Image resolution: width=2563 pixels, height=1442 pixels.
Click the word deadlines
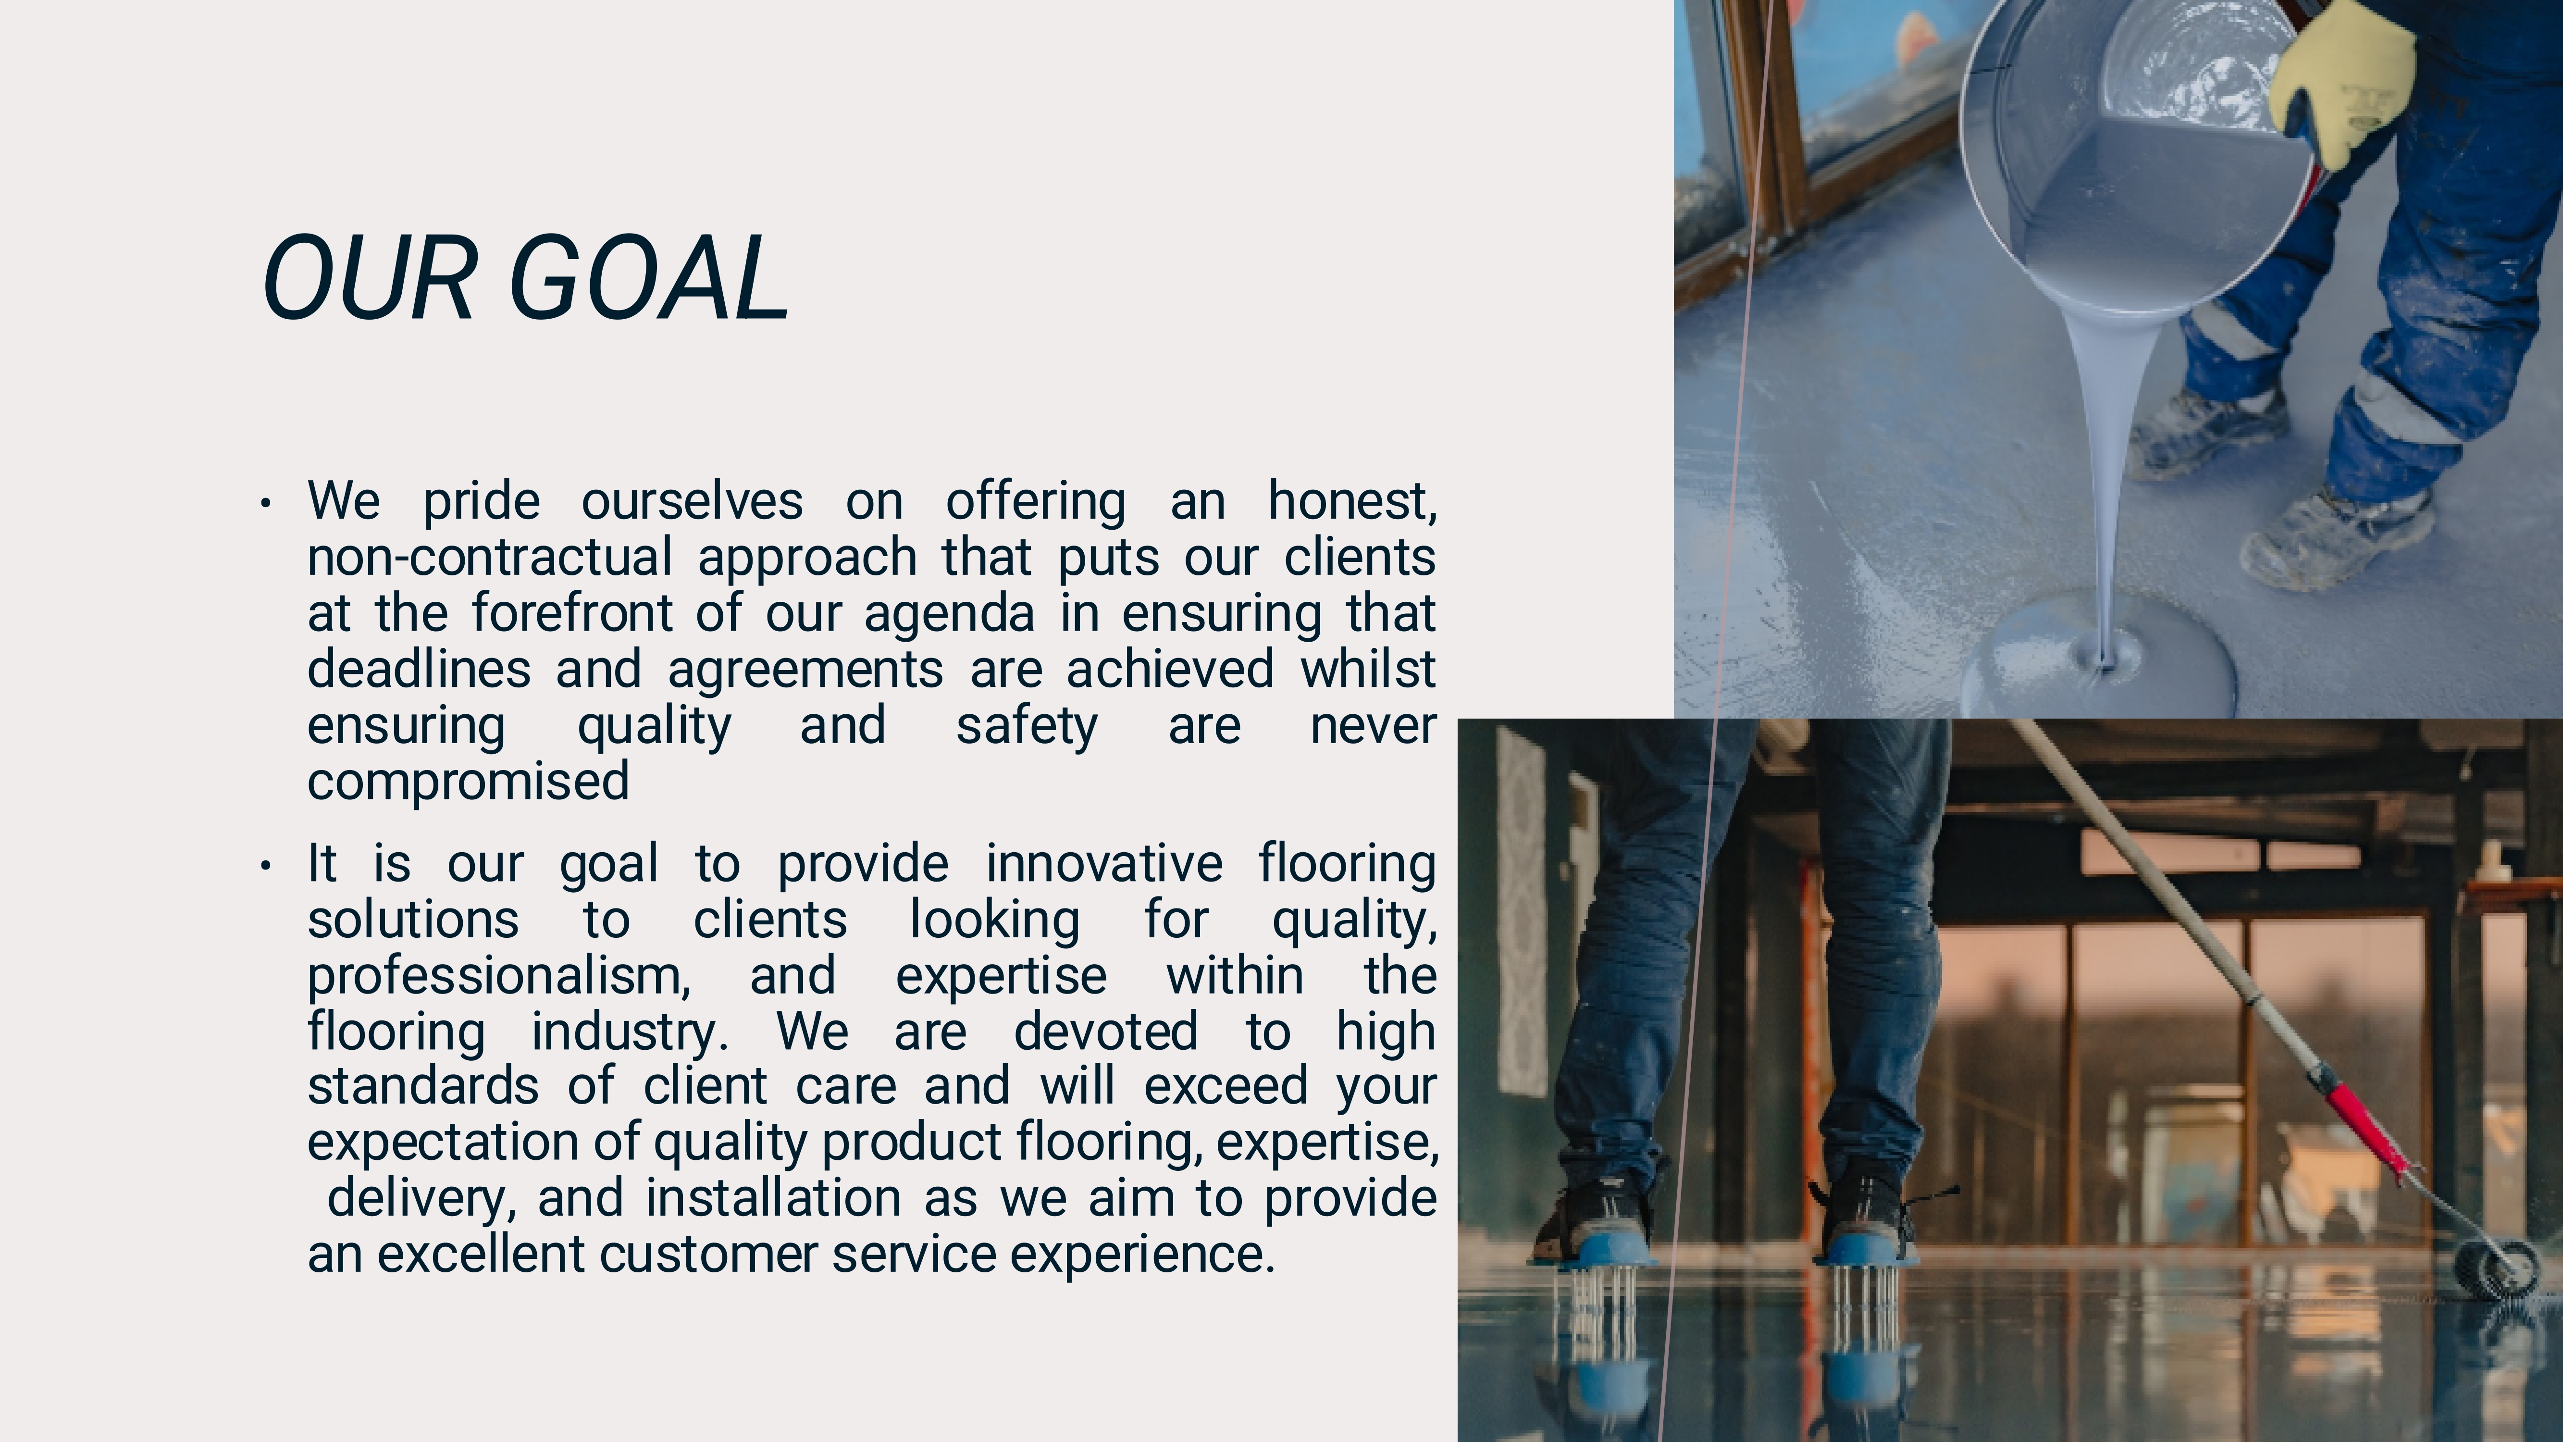(x=419, y=669)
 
